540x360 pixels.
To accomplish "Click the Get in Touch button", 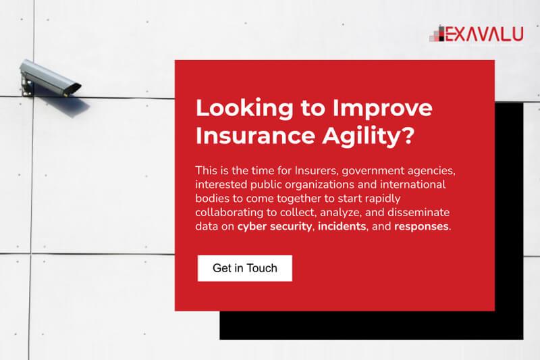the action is click(x=245, y=268).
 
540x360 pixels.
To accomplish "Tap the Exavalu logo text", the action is click(x=484, y=34).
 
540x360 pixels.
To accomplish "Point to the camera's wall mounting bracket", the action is click(x=26, y=86).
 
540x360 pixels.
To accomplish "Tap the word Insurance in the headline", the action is click(x=256, y=135).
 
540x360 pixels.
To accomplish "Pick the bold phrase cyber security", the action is click(x=275, y=226).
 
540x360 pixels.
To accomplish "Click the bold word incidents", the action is click(x=342, y=226).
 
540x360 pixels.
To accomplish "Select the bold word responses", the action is click(x=421, y=227).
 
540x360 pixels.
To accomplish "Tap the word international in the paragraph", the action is click(x=412, y=184).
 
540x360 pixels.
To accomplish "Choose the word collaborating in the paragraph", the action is click(x=230, y=213).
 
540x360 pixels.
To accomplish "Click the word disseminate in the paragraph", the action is click(x=418, y=212).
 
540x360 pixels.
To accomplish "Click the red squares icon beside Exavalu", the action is click(x=437, y=34).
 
